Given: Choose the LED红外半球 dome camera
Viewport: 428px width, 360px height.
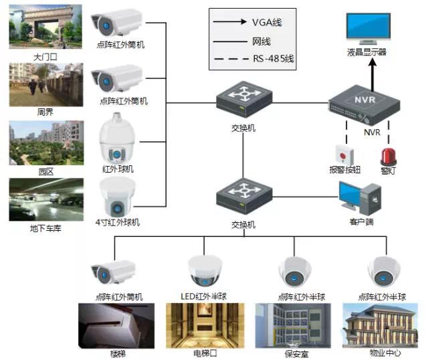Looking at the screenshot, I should pos(205,270).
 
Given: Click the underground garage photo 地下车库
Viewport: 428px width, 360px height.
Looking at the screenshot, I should pos(46,200).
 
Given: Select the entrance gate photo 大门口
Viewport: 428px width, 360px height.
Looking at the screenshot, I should pos(45,27).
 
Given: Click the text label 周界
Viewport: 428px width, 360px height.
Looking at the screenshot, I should pos(45,112).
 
